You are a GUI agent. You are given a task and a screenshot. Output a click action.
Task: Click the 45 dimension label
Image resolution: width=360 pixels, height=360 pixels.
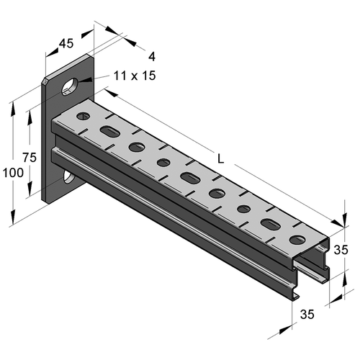click(66, 43)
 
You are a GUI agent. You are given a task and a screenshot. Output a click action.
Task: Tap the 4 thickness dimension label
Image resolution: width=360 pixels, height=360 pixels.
click(152, 57)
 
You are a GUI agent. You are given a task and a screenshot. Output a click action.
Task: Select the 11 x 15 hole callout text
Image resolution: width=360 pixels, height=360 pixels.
click(135, 76)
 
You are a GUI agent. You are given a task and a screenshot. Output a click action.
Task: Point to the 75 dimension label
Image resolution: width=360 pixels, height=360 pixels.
click(30, 158)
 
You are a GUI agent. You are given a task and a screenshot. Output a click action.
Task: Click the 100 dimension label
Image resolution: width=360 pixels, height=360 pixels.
click(13, 173)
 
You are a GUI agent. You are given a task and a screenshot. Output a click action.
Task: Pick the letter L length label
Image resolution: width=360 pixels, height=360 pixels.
click(220, 158)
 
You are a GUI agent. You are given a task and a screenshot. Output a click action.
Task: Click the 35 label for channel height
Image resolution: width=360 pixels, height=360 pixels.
click(341, 250)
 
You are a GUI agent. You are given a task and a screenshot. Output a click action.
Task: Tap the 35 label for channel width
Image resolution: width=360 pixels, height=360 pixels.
click(307, 314)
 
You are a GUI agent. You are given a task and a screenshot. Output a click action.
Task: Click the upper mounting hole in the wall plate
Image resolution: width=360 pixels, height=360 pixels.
click(70, 86)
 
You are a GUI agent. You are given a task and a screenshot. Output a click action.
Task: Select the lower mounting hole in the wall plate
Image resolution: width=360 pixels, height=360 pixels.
click(69, 177)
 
